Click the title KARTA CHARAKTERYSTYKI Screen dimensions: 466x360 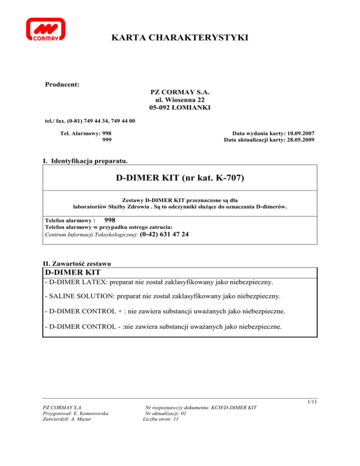(180, 38)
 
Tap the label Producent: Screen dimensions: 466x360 (61, 85)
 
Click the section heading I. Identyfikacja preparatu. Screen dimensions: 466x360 (85, 161)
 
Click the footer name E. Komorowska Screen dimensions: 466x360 (90, 413)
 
